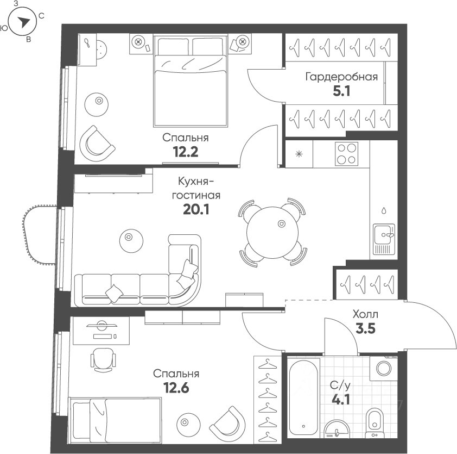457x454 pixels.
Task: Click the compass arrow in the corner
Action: coord(23,22)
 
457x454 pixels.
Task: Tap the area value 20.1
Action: coord(196,209)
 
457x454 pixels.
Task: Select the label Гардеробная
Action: coord(341,77)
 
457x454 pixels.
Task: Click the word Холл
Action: coord(365,314)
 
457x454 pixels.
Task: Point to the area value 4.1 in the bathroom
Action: coord(341,399)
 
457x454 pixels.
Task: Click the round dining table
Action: coord(272,232)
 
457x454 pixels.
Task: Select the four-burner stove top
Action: coord(346,153)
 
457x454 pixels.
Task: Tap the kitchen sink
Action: coord(384,239)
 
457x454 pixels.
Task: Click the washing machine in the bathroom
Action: coord(384,368)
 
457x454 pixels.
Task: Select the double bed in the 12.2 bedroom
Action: coord(191,81)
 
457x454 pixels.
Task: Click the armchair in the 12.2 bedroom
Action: coord(97,144)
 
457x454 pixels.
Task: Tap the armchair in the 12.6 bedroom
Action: coord(228,424)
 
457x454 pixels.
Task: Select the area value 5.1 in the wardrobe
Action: coord(341,91)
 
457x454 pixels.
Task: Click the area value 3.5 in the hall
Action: coord(365,329)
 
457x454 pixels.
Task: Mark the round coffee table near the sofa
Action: coord(131,241)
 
